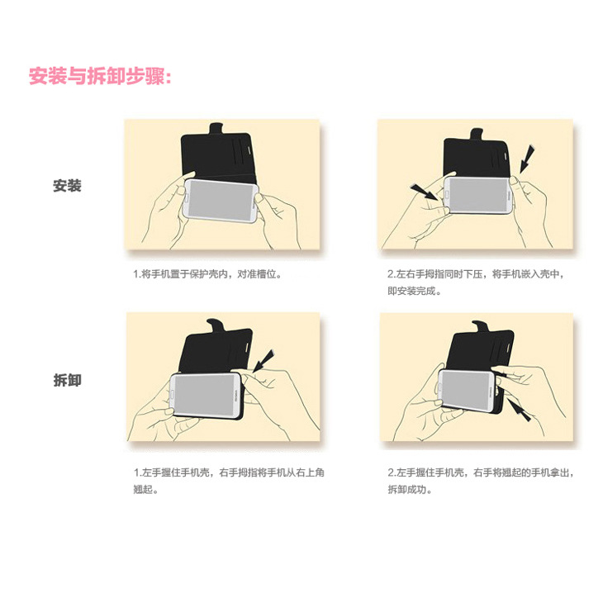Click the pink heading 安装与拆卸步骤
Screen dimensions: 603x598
(x=100, y=76)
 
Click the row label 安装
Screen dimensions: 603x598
(x=67, y=186)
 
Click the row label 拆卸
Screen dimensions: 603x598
(x=67, y=380)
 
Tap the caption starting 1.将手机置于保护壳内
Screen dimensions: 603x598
(x=207, y=274)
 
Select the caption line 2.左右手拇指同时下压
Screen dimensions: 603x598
(x=476, y=274)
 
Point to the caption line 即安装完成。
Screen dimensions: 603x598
(x=414, y=291)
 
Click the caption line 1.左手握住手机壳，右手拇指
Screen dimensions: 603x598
(x=229, y=472)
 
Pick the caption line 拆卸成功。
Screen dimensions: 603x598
(x=410, y=490)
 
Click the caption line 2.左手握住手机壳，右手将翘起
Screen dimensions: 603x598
(x=481, y=472)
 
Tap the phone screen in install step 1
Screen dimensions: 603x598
(x=221, y=200)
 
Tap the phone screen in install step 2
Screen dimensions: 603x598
(x=479, y=195)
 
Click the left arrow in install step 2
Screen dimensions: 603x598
(x=425, y=192)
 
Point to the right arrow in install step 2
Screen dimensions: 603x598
(x=526, y=159)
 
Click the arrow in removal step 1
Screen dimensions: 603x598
(x=263, y=361)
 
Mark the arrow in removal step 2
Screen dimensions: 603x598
(x=520, y=410)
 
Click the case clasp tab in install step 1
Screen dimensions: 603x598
(x=216, y=129)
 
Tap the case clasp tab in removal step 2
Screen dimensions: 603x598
(x=481, y=326)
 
